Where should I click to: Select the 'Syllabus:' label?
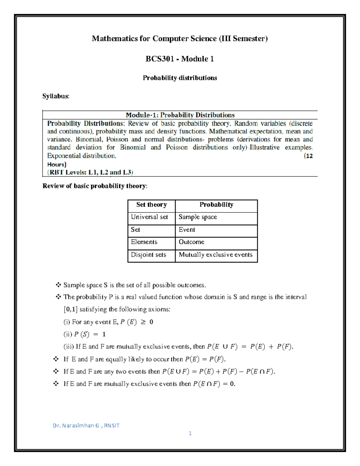pos(56,96)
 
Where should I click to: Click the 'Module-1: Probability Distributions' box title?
pos(180,115)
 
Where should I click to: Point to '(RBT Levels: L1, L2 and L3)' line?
pos(90,172)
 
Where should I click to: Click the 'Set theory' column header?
pos(151,205)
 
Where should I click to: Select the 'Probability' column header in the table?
pos(216,205)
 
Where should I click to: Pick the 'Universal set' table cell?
pos(149,217)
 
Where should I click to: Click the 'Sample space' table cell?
pos(198,217)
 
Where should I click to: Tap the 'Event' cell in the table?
pos(187,230)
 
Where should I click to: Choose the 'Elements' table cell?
pos(144,242)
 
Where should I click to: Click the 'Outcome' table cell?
pos(191,242)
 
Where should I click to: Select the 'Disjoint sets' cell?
pos(148,255)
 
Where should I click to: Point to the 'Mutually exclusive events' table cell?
pos(215,255)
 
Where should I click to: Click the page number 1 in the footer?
pos(190,433)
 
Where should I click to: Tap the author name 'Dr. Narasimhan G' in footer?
pos(76,425)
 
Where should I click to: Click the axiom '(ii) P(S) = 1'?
pos(85,334)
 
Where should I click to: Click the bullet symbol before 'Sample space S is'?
pos(58,285)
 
